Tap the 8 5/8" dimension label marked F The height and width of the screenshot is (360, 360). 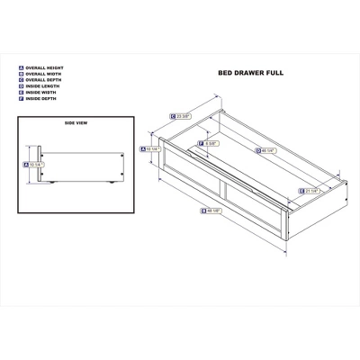click(211, 143)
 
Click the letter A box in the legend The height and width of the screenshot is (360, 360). click(21, 67)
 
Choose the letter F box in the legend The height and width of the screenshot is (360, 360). click(21, 99)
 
